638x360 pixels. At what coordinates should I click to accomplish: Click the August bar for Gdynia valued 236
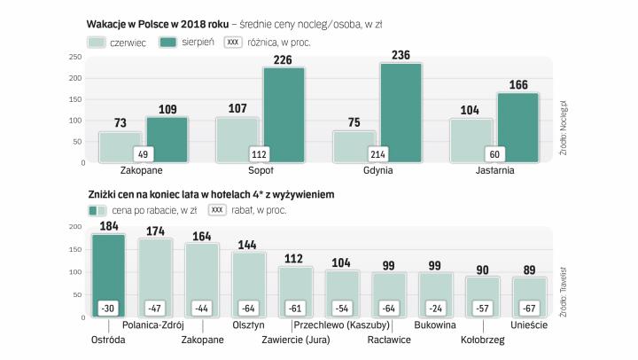pos(401,111)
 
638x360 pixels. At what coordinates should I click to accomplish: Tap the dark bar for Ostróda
pos(108,266)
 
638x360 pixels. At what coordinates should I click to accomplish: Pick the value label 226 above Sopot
pos(284,60)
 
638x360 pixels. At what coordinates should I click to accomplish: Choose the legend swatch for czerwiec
pos(97,42)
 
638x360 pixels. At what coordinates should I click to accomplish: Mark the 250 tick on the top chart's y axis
pos(75,57)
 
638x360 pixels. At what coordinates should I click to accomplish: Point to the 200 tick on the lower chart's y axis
pos(75,228)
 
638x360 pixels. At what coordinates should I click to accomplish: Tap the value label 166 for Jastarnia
pos(517,85)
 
